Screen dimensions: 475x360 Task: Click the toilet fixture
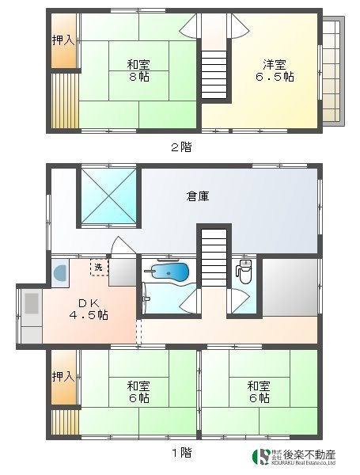click(244, 273)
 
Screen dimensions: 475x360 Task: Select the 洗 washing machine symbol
click(97, 268)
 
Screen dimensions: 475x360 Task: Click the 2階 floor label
click(180, 146)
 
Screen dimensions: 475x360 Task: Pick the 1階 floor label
click(180, 453)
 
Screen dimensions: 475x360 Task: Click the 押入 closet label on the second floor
click(63, 40)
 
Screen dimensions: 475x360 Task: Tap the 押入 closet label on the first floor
click(63, 378)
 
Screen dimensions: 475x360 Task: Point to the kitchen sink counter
click(29, 316)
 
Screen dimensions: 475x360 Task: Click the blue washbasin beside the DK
click(61, 274)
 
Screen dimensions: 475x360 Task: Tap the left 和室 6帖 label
click(138, 392)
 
